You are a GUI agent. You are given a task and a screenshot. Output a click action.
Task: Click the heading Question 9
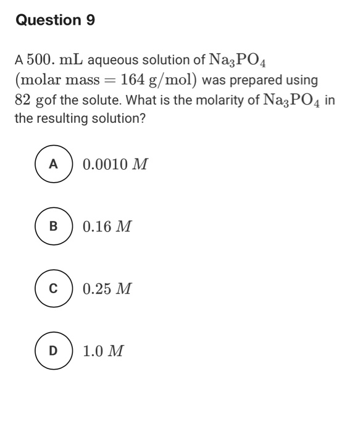pyautogui.click(x=55, y=20)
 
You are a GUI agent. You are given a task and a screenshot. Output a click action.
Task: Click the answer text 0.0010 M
pyautogui.click(x=115, y=165)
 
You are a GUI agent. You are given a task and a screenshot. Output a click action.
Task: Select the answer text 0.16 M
pyautogui.click(x=107, y=227)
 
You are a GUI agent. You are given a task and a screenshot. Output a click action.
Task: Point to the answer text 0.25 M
pyautogui.click(x=107, y=289)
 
